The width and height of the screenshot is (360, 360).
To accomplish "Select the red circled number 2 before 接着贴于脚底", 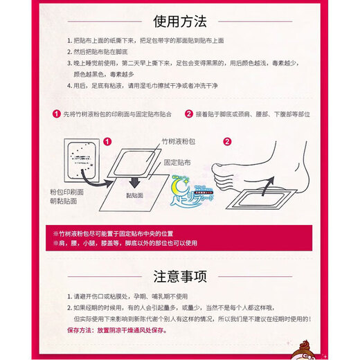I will [x=188, y=114].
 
